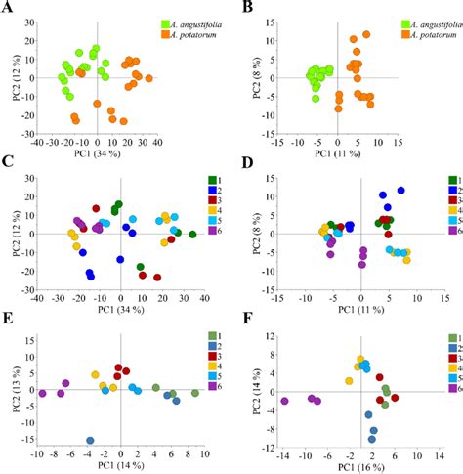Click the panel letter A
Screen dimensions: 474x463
pos(8,9)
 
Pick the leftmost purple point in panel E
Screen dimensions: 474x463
pos(42,393)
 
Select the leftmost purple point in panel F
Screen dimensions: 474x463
pos(285,401)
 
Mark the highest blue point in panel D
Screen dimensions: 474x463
pos(400,191)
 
